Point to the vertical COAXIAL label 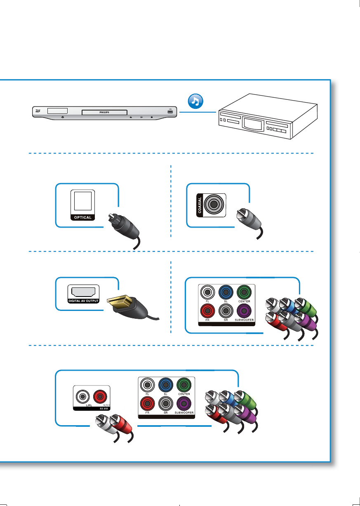(200, 204)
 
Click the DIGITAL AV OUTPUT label (83, 301)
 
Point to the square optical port (83, 202)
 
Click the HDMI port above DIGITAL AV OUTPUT (83, 292)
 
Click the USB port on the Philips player (170, 111)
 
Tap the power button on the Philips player (62, 117)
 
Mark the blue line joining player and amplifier (198, 112)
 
